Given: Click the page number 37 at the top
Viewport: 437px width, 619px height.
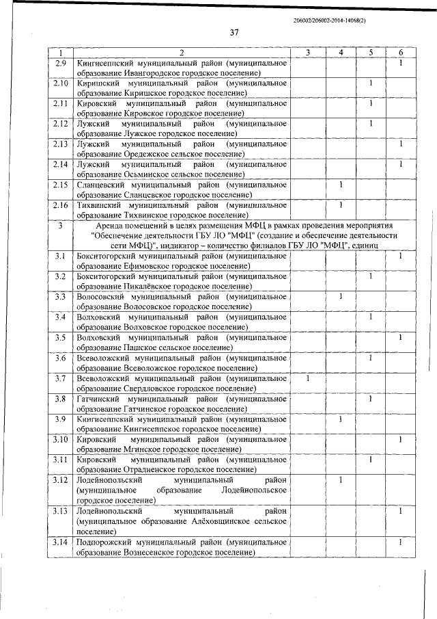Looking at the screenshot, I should (234, 32).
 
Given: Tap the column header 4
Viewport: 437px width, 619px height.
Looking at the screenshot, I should (340, 53).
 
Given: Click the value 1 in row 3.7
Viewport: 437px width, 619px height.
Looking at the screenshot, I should (308, 378).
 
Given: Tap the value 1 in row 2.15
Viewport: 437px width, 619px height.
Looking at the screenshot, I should (340, 185).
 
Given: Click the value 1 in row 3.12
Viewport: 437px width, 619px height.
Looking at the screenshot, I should (340, 479).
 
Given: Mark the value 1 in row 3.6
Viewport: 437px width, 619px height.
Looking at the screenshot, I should (369, 358).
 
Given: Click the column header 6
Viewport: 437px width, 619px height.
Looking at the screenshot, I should (401, 53).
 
